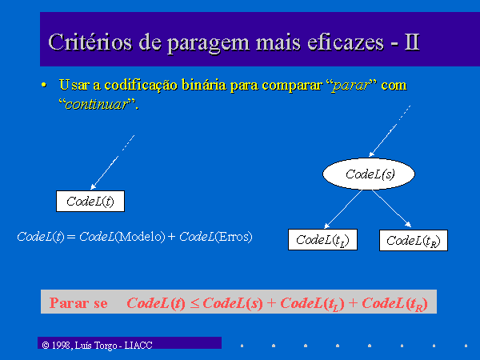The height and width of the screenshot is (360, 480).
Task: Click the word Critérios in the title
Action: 90,42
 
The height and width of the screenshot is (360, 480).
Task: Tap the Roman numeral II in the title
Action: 411,42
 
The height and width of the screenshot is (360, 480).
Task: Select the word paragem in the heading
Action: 208,44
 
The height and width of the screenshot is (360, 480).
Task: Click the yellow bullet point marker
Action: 44,85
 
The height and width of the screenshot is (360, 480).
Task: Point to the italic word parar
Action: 350,86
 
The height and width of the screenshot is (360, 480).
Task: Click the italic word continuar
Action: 97,104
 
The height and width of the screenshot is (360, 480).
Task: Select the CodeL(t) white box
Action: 90,201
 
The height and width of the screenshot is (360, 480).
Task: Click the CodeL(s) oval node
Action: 369,174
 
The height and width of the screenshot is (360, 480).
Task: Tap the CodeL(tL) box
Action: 322,240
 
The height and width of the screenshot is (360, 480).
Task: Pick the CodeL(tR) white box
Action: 414,240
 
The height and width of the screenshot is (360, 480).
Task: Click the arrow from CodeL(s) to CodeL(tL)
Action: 343,209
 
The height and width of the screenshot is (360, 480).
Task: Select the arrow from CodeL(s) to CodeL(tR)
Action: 391,209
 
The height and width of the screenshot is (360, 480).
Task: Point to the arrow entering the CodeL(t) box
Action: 113,162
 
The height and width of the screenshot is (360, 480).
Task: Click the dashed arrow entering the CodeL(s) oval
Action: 390,131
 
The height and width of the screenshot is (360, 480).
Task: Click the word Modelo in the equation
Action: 142,237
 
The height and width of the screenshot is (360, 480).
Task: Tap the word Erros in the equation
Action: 234,237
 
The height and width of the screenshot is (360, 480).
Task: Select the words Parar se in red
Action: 78,303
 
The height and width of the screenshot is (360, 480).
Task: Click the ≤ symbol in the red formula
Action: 194,303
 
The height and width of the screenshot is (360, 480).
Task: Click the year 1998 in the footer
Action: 62,346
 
